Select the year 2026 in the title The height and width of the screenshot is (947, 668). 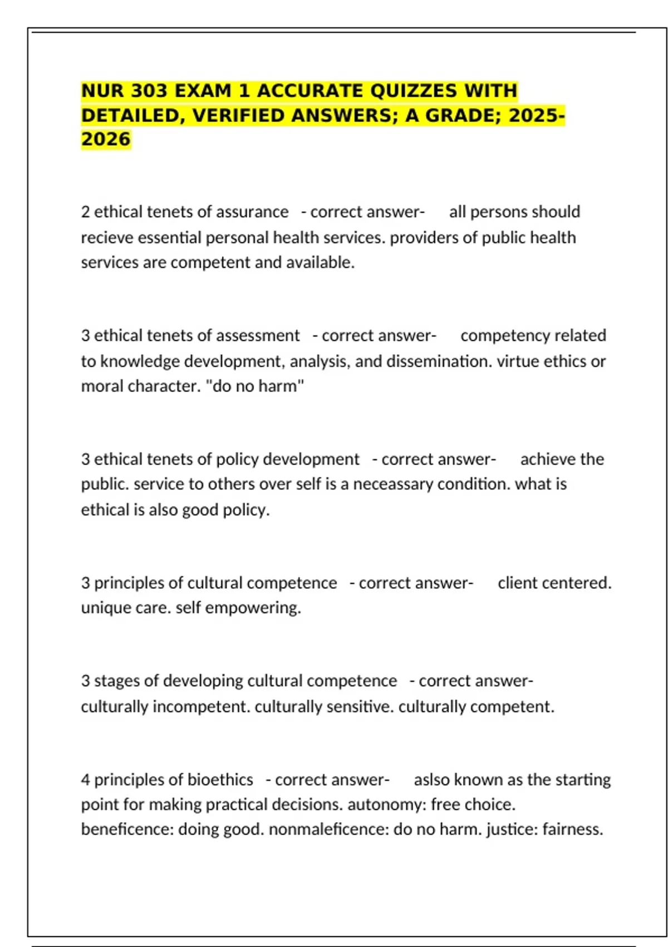[106, 139]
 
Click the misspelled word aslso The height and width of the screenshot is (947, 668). [432, 780]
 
